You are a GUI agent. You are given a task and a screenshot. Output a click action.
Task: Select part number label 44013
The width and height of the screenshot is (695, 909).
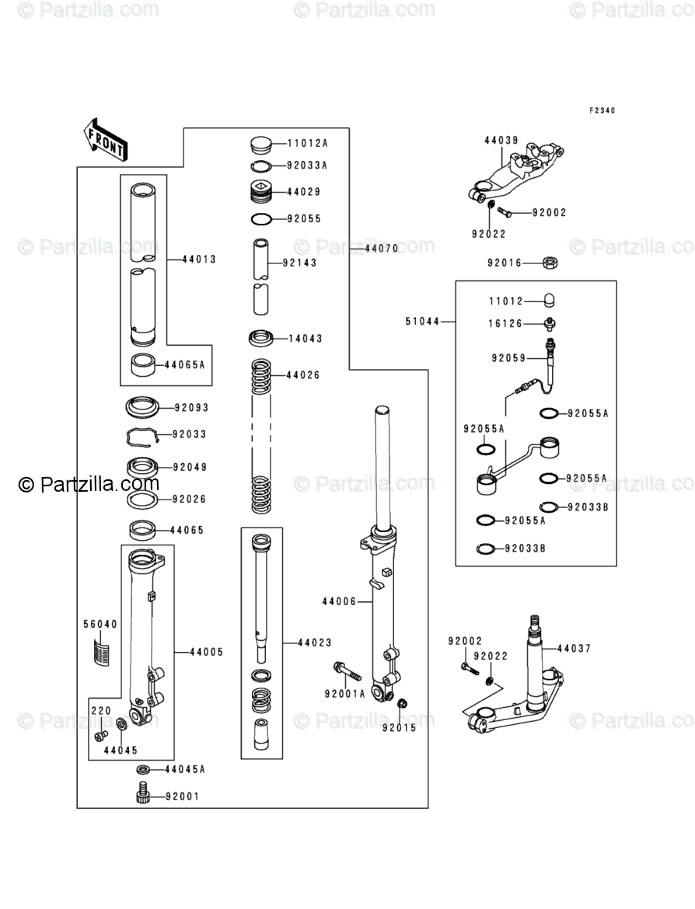tap(199, 259)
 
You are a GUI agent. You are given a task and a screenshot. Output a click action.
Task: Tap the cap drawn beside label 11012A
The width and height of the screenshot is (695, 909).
tap(263, 144)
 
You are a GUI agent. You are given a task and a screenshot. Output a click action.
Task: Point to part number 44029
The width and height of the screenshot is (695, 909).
tap(303, 192)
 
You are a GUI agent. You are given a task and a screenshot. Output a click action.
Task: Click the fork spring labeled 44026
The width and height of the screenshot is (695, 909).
tap(263, 435)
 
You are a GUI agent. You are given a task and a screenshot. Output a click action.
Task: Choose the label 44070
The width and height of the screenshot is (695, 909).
tap(381, 249)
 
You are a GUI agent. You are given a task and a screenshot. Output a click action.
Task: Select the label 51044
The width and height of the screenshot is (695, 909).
tap(421, 320)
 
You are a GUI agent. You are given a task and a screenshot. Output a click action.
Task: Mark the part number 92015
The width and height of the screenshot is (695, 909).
tap(399, 728)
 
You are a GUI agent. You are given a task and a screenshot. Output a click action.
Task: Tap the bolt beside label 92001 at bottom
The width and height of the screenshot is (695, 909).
tap(141, 795)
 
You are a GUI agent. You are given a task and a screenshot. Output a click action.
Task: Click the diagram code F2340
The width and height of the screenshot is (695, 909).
tap(602, 111)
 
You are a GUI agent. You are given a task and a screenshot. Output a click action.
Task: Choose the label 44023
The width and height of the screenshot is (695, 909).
tap(315, 643)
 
